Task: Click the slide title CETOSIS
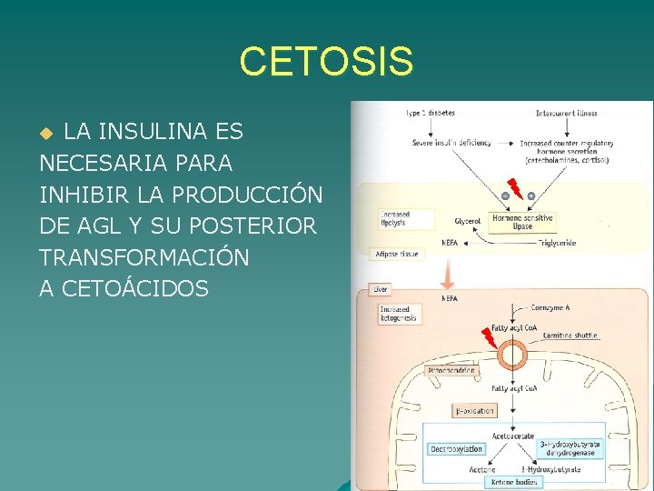tap(326, 62)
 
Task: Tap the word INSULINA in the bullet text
tap(170, 132)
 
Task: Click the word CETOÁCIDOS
tap(124, 289)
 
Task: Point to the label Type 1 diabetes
tap(430, 114)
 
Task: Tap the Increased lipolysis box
tap(396, 219)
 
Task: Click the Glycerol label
tap(469, 221)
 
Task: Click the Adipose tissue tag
tap(397, 255)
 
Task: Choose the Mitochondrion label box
tap(451, 371)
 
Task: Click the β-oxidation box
tap(474, 411)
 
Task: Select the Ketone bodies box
tap(515, 482)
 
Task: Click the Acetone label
tap(482, 469)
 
